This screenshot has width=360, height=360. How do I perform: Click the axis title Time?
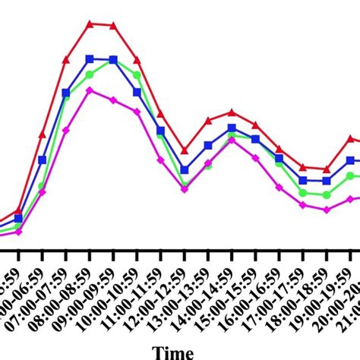pyautogui.click(x=172, y=352)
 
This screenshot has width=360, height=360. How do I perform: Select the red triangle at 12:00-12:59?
pyautogui.click(x=185, y=150)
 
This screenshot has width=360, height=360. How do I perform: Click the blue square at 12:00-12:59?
pyautogui.click(x=185, y=170)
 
